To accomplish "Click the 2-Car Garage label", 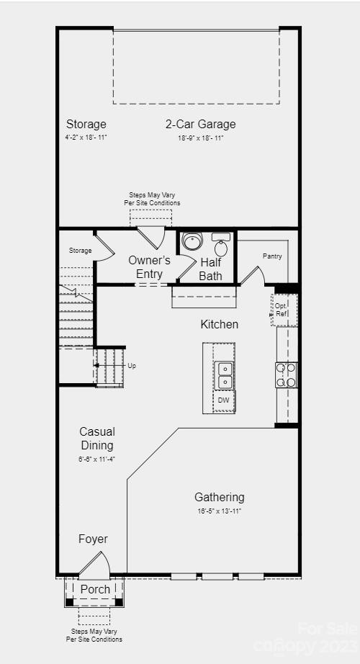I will coord(200,124).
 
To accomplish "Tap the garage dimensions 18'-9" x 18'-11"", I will coord(200,138).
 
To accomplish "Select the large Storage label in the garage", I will coord(86,124).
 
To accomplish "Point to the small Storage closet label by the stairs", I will coord(81,251).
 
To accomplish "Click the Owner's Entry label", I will coord(149,266).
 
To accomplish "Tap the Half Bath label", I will coord(211,269).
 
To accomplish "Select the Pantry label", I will coord(272,256).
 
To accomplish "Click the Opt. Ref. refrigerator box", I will coord(282,310).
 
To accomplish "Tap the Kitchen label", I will coord(219,325).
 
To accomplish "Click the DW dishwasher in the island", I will coord(223,400).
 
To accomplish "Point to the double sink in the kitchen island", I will coord(224,374).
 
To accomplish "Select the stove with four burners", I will coord(287,375).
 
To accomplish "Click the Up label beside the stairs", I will coord(132,366).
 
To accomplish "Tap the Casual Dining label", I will coord(97,439).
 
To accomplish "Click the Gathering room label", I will coord(219,497).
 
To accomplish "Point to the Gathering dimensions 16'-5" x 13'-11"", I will coord(219,511).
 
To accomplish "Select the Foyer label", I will coord(93,539).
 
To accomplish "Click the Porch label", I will coord(95,589).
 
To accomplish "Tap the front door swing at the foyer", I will coord(97,565).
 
